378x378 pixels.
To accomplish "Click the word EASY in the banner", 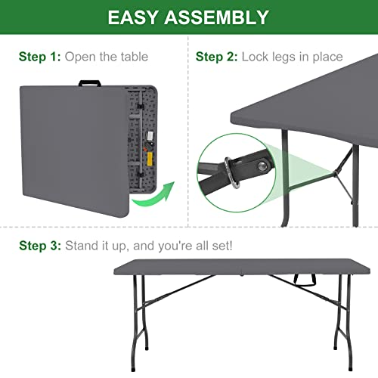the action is point(132,17).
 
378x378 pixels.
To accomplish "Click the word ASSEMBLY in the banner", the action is point(216,17).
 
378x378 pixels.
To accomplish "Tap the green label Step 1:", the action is point(40,57).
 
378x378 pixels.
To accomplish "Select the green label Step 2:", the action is point(217,57).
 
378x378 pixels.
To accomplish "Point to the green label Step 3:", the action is point(40,246).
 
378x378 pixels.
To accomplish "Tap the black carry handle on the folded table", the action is point(90,83).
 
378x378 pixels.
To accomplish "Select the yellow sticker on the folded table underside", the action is point(150,159).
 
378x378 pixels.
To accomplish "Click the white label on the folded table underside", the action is point(150,136).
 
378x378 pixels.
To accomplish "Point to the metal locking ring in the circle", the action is point(231,173).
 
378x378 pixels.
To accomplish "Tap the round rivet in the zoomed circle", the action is point(263,166).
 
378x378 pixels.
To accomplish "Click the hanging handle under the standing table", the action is point(305,280).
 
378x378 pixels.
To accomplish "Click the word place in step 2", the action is point(327,57).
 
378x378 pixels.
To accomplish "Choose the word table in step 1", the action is point(135,57).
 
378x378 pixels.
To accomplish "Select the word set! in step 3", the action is point(222,246).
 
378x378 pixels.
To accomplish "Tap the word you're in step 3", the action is point(175,246).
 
